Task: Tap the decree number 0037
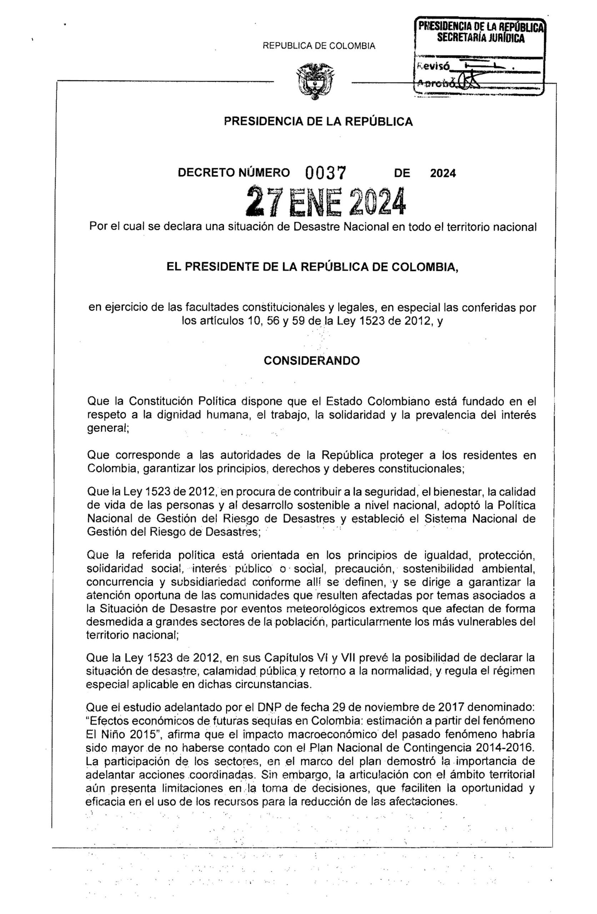pos(326,173)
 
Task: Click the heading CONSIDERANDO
pos(311,361)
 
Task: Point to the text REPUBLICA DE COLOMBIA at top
pos(318,46)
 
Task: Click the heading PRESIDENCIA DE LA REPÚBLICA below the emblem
pos(318,122)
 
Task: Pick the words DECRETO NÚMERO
pos(234,173)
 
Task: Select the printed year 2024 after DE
pos(442,174)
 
